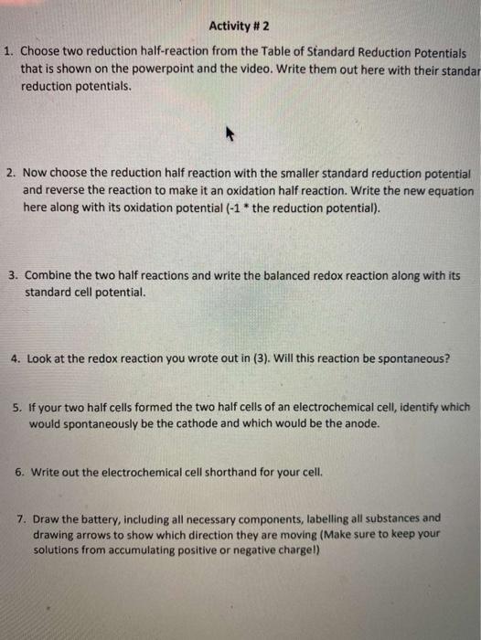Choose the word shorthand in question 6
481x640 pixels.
point(222,474)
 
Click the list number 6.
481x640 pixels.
point(20,474)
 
